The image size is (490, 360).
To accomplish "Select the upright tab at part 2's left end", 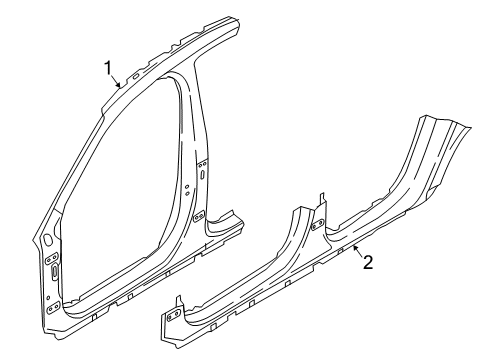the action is coord(179,301).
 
